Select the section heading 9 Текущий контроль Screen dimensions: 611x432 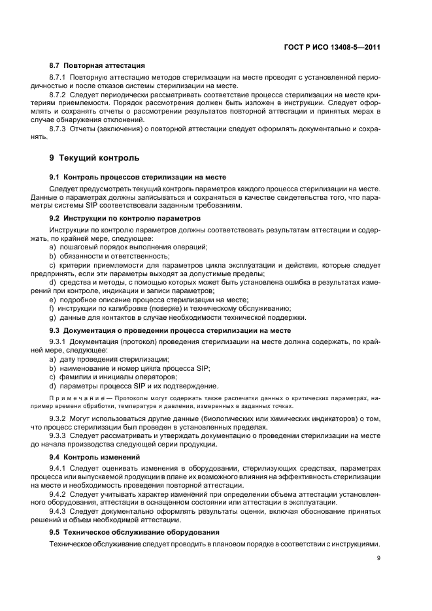pyautogui.click(x=94, y=158)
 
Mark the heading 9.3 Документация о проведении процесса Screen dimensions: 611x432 pyautogui.click(x=170, y=331)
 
